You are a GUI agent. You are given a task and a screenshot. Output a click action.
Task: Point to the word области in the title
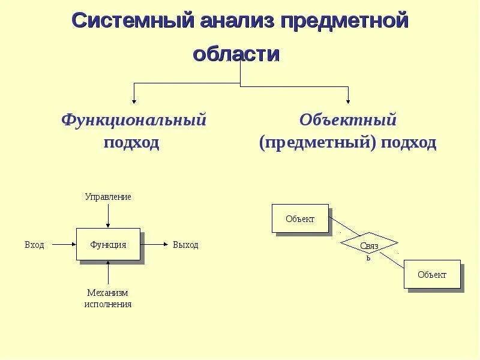click(x=236, y=53)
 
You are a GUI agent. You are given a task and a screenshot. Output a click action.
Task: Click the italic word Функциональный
click(x=133, y=120)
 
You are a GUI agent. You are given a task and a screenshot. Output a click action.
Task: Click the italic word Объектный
click(x=348, y=120)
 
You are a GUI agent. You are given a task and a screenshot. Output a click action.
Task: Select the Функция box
click(x=108, y=244)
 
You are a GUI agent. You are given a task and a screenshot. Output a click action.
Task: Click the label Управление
click(x=108, y=197)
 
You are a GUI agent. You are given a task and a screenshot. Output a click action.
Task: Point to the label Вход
click(x=34, y=245)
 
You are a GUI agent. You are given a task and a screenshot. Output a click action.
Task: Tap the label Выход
click(x=185, y=245)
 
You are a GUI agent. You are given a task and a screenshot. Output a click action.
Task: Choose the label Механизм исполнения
click(x=108, y=298)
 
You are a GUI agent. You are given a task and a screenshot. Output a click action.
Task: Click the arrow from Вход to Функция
click(x=64, y=244)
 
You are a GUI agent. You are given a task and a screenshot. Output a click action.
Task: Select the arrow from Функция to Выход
click(x=154, y=244)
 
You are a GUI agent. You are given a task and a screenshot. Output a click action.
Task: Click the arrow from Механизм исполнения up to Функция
click(x=108, y=273)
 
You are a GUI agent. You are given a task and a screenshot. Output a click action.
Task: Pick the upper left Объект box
click(x=301, y=219)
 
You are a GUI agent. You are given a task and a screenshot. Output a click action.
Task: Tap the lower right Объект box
click(x=432, y=275)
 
